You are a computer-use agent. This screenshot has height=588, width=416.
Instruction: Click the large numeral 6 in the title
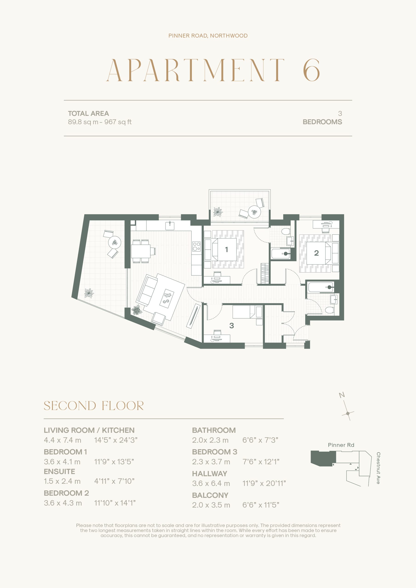pyautogui.click(x=311, y=70)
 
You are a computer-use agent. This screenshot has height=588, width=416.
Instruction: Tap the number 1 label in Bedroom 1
pyautogui.click(x=226, y=249)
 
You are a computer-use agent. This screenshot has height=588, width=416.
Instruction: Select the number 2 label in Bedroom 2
pyautogui.click(x=316, y=253)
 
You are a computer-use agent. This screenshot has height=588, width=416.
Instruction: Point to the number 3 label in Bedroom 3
pyautogui.click(x=231, y=325)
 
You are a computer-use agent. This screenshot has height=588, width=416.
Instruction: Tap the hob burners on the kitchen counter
pyautogui.click(x=197, y=247)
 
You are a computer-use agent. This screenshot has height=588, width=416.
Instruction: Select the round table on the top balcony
pyautogui.click(x=254, y=212)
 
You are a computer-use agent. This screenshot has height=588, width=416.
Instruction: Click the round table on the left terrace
pyautogui.click(x=115, y=242)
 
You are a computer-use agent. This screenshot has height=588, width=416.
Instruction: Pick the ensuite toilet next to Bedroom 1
pyautogui.click(x=286, y=232)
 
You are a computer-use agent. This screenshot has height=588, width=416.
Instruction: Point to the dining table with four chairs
pyautogui.click(x=141, y=251)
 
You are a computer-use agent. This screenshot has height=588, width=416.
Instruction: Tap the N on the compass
pyautogui.click(x=342, y=395)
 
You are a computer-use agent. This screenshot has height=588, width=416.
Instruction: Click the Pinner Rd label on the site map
pyautogui.click(x=341, y=445)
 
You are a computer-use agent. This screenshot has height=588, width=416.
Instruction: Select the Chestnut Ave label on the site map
pyautogui.click(x=378, y=468)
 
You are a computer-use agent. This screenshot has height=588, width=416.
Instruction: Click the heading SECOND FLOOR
pyautogui.click(x=94, y=406)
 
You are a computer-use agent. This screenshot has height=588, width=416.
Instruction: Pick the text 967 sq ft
pyautogui.click(x=118, y=122)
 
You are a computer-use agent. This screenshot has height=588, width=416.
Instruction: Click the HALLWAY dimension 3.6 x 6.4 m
pyautogui.click(x=211, y=483)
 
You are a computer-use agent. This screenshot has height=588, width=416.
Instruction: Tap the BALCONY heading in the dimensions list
pyautogui.click(x=210, y=495)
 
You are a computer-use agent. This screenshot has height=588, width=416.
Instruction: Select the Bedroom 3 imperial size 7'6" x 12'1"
pyautogui.click(x=261, y=461)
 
